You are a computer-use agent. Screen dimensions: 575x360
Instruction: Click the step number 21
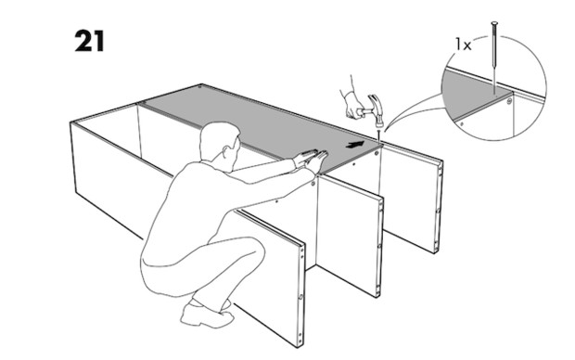(x=89, y=41)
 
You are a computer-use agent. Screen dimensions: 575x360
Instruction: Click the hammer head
(x=377, y=109)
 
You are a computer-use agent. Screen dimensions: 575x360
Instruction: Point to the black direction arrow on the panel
(x=355, y=145)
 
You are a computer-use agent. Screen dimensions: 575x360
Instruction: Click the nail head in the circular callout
(x=494, y=23)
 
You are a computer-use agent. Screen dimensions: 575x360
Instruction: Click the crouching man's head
(x=219, y=144)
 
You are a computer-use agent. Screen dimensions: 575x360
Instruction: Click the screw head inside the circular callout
(x=509, y=100)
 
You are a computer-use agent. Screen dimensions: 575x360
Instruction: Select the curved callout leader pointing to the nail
(x=411, y=107)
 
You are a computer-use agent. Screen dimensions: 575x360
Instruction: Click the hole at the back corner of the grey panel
(x=199, y=87)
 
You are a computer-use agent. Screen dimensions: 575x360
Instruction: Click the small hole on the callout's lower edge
(x=461, y=124)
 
